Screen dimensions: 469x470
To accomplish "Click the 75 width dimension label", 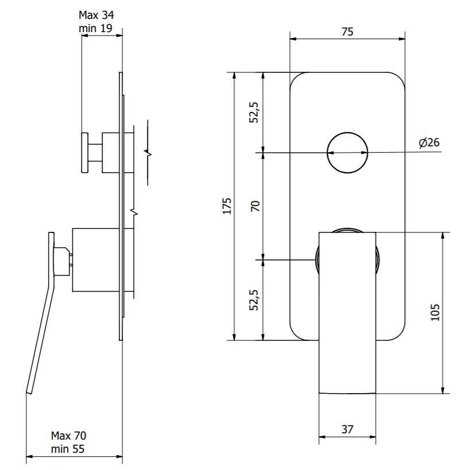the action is (x=347, y=32).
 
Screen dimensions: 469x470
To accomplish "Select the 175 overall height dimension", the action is (x=227, y=206).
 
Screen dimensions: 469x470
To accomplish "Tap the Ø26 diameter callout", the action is (x=429, y=142).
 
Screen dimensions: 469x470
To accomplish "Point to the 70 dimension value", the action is (x=255, y=206).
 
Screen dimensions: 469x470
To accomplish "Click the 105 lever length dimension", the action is (x=435, y=312).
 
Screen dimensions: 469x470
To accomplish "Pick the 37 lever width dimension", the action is (x=347, y=429).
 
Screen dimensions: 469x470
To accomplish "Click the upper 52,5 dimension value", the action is (x=254, y=112).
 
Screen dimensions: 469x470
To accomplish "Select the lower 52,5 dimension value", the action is (x=254, y=300).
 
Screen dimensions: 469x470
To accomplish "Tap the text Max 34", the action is (x=96, y=15).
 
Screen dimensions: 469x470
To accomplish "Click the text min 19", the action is (x=95, y=28).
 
